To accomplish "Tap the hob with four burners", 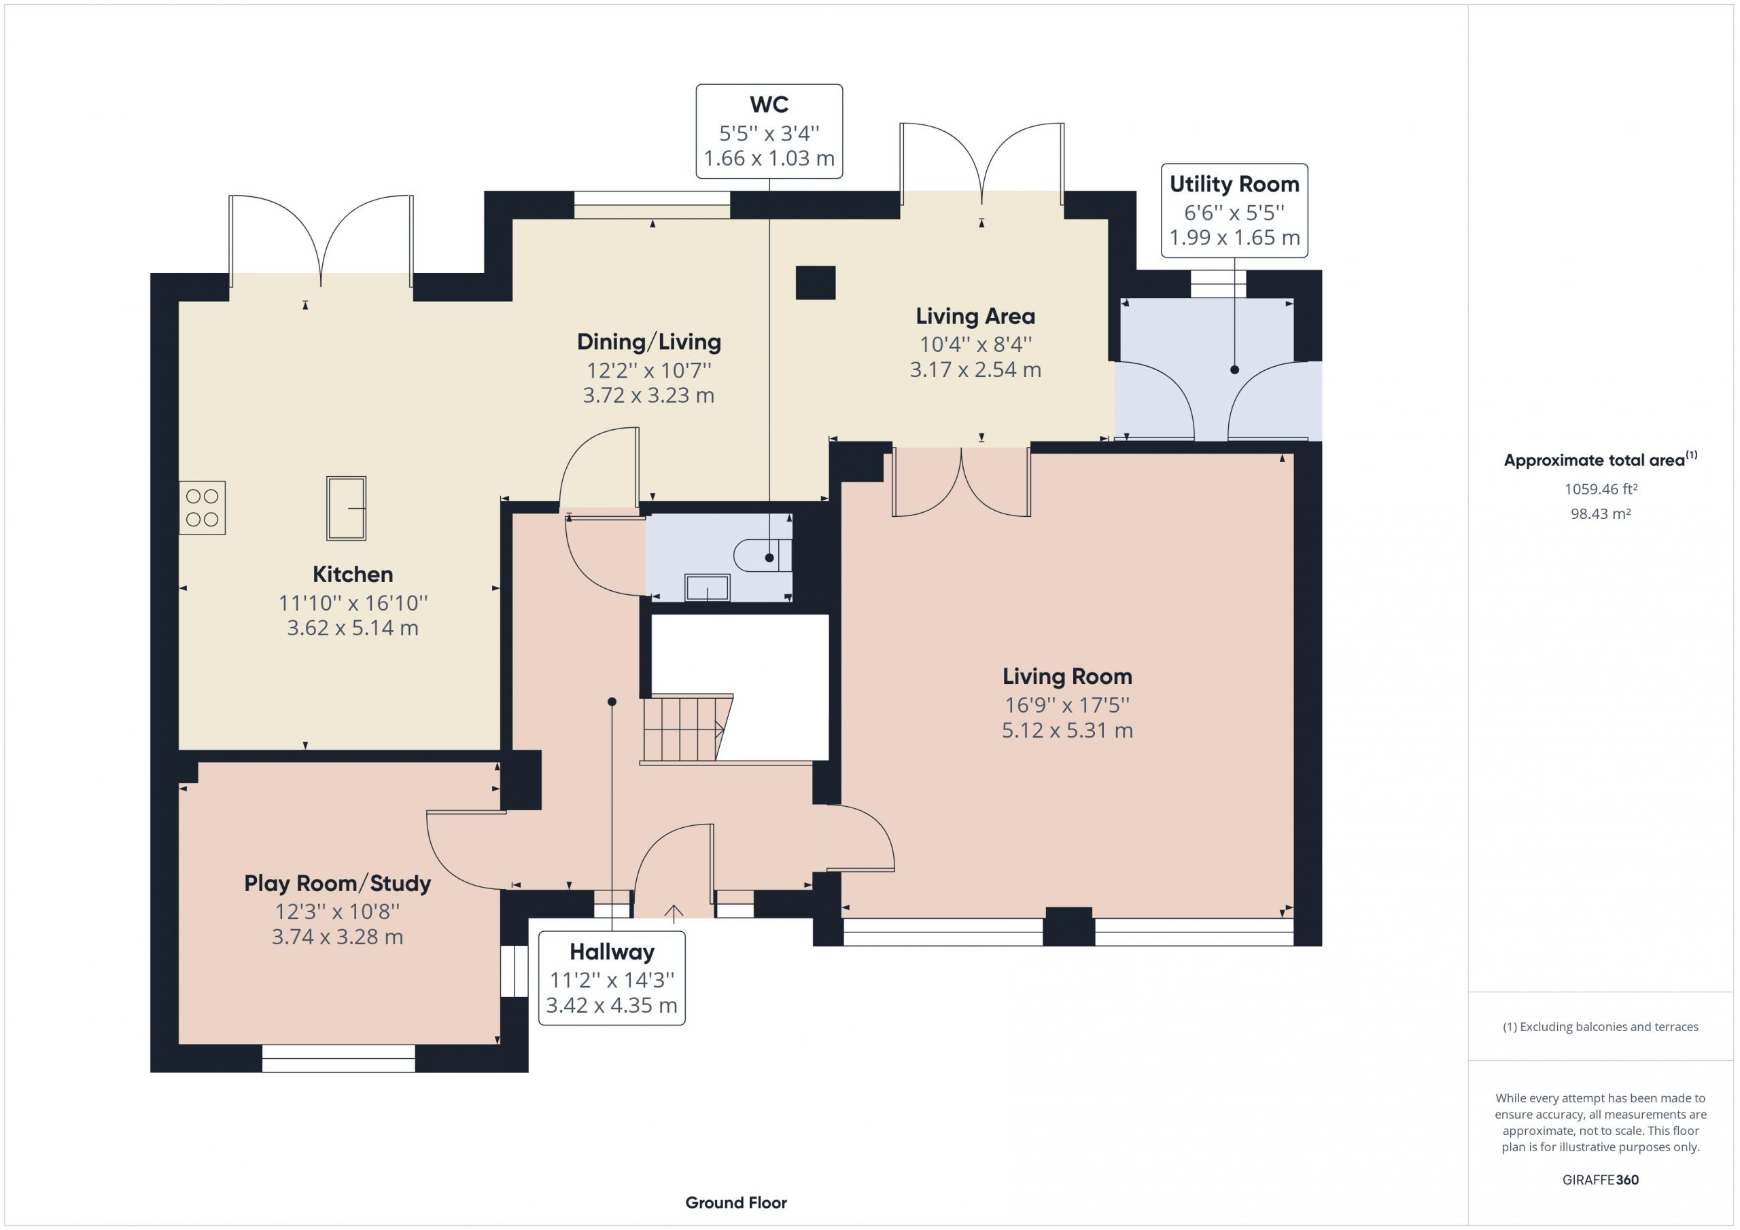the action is pos(203,508).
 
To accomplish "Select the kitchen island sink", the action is pos(347,508).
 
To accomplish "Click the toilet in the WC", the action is pos(763,555).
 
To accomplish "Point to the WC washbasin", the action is pos(707,587).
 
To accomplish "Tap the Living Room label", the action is pos(1067,676).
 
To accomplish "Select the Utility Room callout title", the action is pos(1234,184).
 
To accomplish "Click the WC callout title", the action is pos(769,104).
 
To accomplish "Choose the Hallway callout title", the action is pos(612,952).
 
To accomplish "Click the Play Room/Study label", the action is pos(337,883).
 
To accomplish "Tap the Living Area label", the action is pos(975,316).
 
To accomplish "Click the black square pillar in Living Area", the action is pos(816,283).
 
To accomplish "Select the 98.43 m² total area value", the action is pos(1601,513).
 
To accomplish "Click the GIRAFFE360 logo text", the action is pos(1601,1180).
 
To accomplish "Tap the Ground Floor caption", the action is pos(736,1203).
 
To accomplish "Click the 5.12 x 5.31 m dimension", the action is pos(1067,731).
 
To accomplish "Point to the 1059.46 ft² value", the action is pos(1601,489).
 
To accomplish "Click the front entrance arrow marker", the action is pos(674,913).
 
